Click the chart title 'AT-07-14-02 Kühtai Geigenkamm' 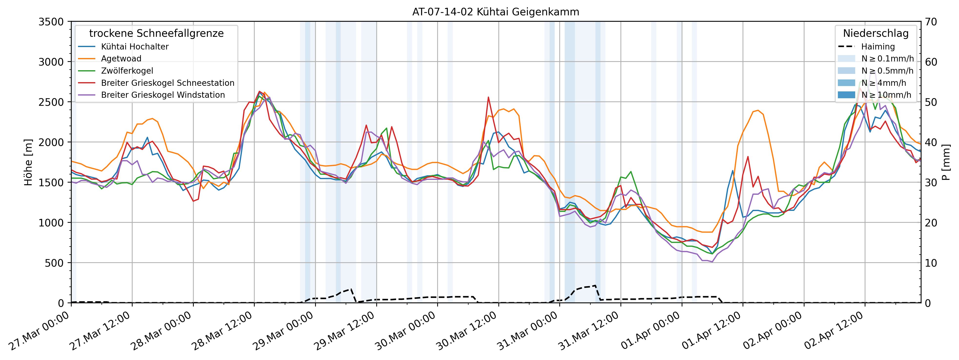click(x=495, y=12)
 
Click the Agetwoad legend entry click(x=121, y=58)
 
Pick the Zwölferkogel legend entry click(x=127, y=71)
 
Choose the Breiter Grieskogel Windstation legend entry click(x=163, y=95)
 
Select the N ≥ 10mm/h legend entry click(x=886, y=95)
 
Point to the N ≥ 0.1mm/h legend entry click(x=887, y=58)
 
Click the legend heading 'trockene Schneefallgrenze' click(x=156, y=33)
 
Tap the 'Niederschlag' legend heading click(x=876, y=33)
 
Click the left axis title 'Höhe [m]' click(x=28, y=162)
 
